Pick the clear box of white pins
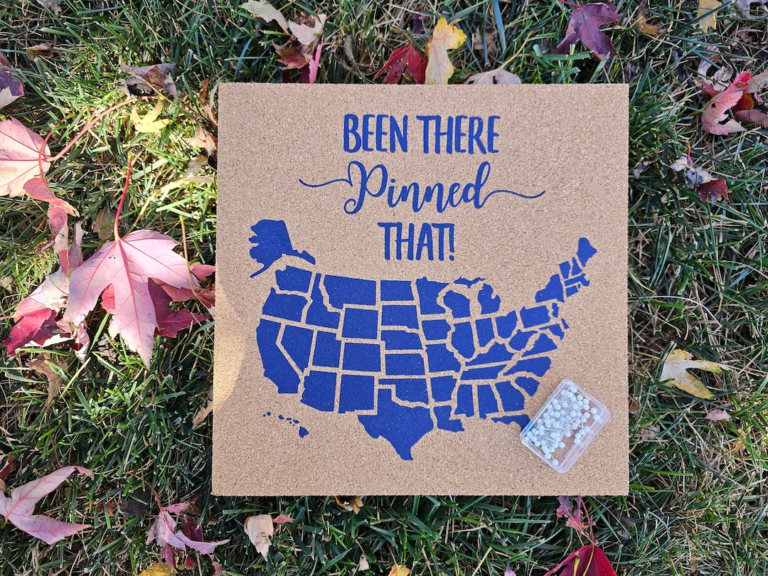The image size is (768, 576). click(x=565, y=425)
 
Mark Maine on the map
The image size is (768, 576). click(x=585, y=250)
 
